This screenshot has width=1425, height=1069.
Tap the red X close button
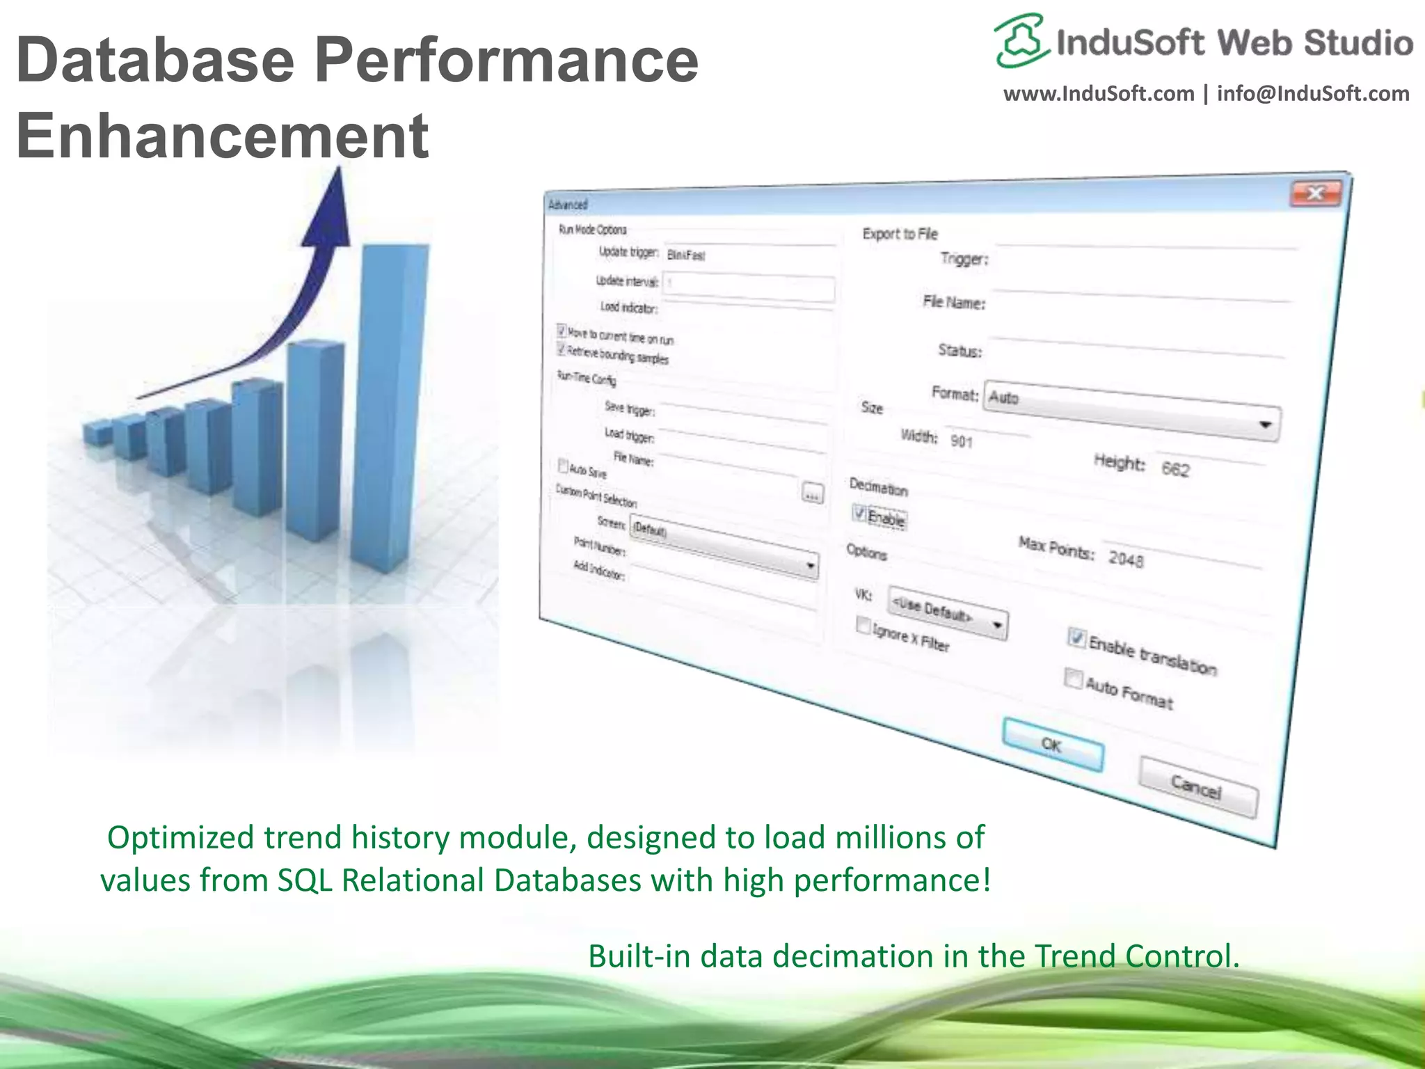tap(1315, 193)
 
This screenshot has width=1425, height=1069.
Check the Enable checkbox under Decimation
tap(860, 514)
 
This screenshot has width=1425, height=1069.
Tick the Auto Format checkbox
tap(1074, 678)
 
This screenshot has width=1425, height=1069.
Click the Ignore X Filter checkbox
tap(863, 626)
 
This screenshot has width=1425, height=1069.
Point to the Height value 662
tap(1176, 469)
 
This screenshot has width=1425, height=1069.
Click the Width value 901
tap(962, 441)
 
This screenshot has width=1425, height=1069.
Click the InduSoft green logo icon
tap(1020, 40)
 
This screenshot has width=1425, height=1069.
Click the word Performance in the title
tap(506, 61)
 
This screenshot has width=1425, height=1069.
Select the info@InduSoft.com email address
tap(1312, 94)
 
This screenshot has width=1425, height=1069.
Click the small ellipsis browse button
tap(812, 493)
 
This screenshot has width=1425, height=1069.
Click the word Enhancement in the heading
tap(222, 136)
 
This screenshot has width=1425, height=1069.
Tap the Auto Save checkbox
tap(563, 465)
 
